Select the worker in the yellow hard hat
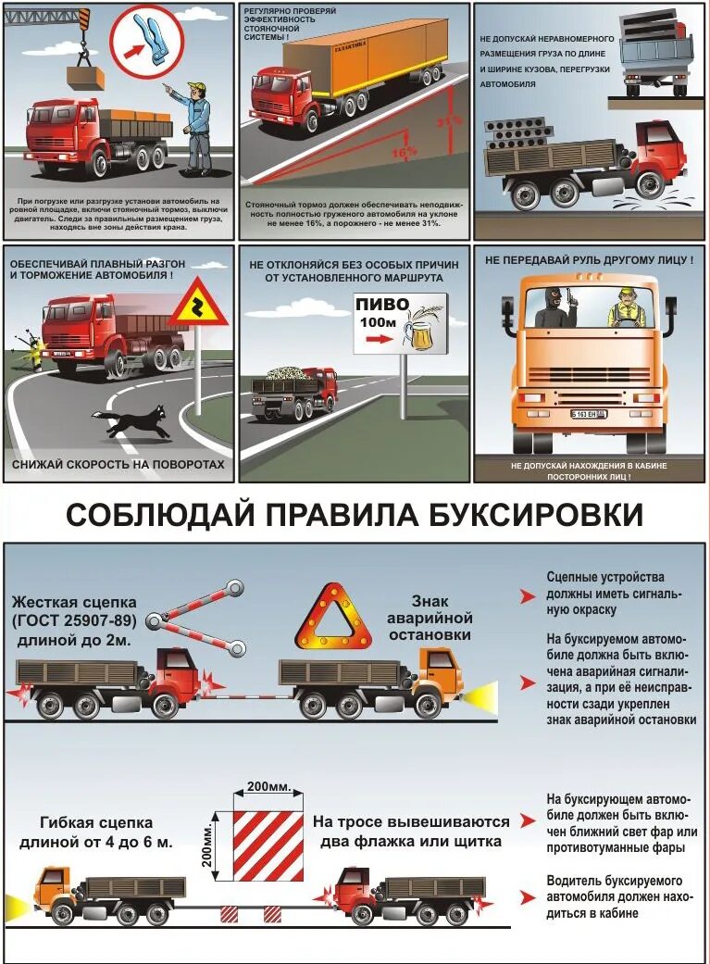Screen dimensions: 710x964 click(x=197, y=126)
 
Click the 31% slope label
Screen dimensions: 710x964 click(x=450, y=121)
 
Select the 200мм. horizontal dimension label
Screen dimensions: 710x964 click(x=268, y=787)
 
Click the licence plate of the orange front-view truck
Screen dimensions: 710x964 click(x=587, y=413)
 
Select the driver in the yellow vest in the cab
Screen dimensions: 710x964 click(x=627, y=307)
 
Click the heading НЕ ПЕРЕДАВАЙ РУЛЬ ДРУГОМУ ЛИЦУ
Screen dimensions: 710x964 click(x=588, y=261)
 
